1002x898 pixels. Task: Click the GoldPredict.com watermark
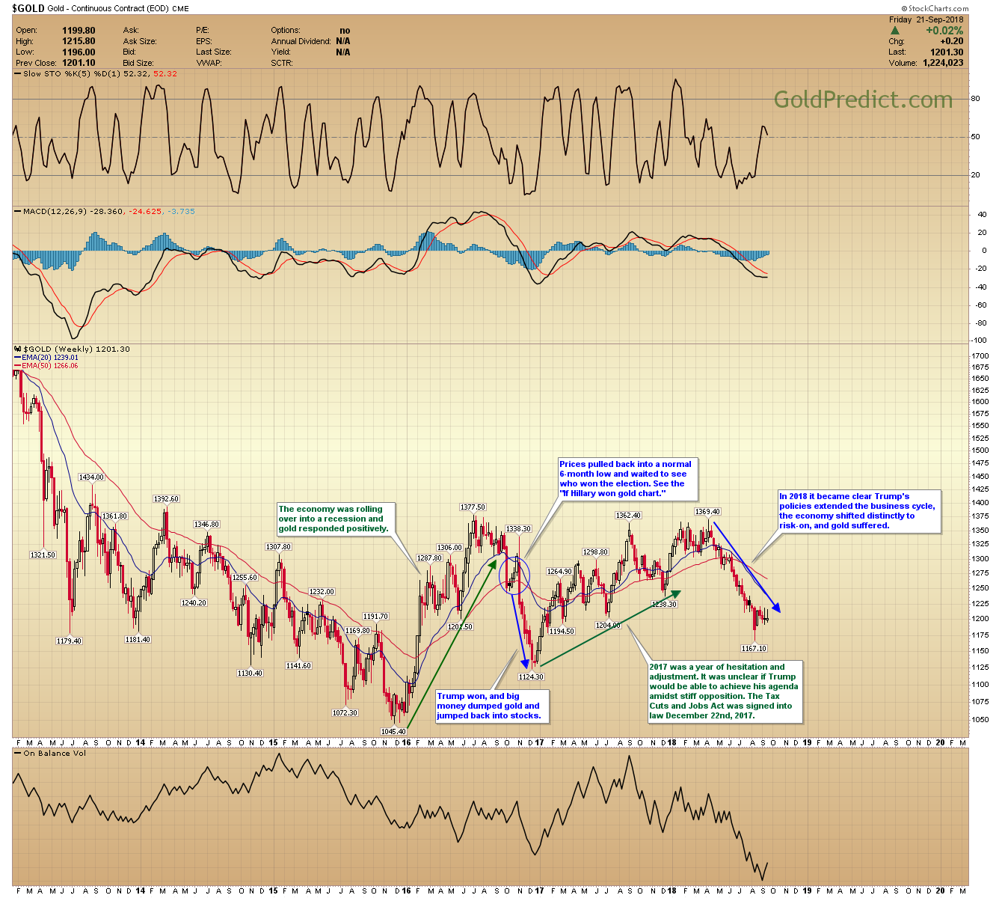pos(862,100)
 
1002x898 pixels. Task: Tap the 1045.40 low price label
pos(393,731)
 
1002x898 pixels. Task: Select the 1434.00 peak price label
pos(91,477)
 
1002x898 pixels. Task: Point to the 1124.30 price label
pos(531,676)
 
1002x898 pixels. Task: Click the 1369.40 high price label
pos(707,511)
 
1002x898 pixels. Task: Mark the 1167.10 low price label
pos(754,648)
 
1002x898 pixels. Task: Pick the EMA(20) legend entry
pos(47,358)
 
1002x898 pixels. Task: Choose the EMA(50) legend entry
pos(47,366)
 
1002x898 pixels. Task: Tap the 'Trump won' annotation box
pos(491,706)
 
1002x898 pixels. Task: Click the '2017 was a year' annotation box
pos(725,691)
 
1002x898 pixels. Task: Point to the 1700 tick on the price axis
pos(980,356)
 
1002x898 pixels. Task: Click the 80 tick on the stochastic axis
pos(975,99)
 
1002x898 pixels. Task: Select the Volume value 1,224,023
pos(943,63)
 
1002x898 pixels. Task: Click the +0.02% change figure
pos(944,31)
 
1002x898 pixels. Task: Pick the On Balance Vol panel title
pos(55,753)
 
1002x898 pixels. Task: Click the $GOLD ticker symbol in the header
pos(28,8)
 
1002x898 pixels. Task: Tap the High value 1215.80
pos(79,41)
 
